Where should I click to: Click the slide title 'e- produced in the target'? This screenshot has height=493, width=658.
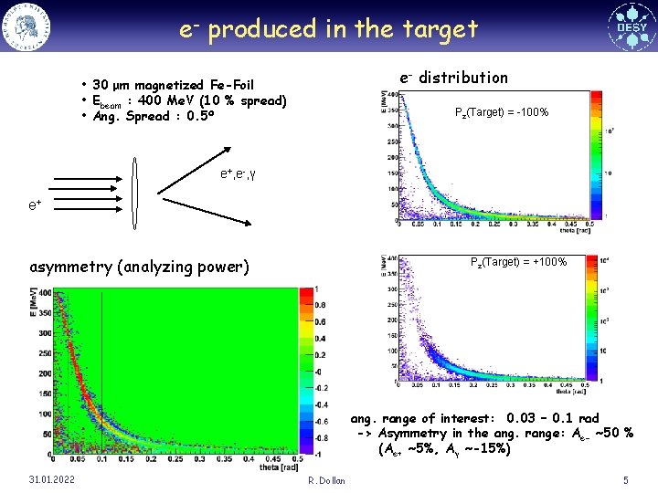click(x=328, y=29)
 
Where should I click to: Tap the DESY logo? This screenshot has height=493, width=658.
click(x=631, y=26)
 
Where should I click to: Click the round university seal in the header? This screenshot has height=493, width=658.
click(x=27, y=26)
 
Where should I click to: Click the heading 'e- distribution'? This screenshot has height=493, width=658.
click(x=453, y=78)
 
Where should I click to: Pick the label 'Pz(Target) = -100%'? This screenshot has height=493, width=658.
click(x=501, y=112)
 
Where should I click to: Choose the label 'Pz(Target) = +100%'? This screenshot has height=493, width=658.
click(x=518, y=263)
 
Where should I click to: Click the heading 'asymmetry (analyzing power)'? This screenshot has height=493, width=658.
click(x=139, y=267)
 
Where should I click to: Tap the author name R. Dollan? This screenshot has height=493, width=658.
click(x=326, y=480)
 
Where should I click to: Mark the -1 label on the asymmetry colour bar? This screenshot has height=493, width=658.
click(x=316, y=452)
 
